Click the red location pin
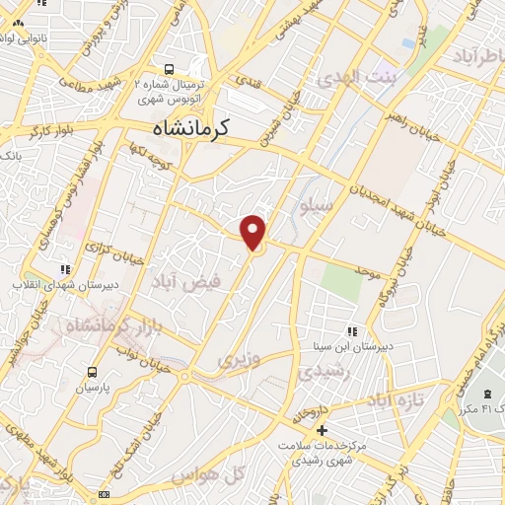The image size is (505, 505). [254, 231]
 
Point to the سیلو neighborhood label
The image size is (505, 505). [316, 206]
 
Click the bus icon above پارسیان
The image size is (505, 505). [93, 372]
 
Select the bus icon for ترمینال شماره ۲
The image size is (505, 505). [170, 69]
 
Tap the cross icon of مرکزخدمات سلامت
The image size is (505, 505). [322, 431]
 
